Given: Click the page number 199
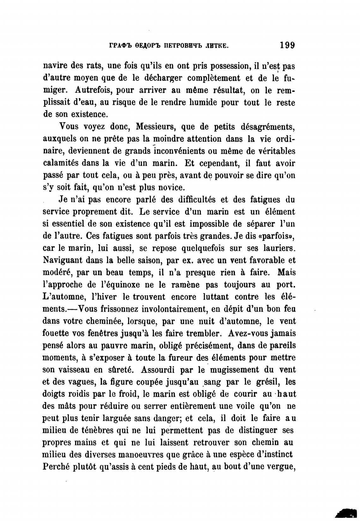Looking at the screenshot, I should tap(287, 45).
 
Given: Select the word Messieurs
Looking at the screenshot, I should tap(154, 127).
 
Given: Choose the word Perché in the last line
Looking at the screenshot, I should tap(56, 466).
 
